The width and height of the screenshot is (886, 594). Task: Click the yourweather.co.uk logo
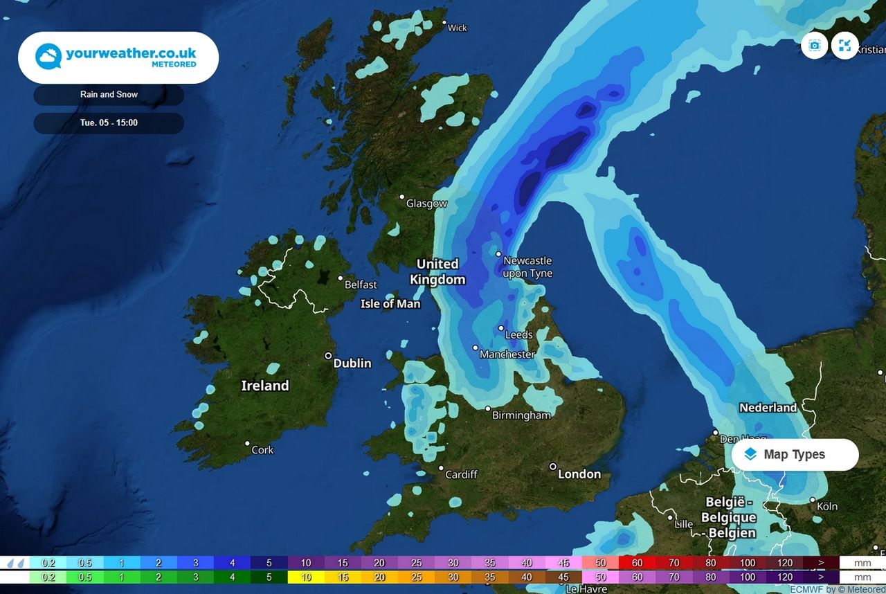click(118, 57)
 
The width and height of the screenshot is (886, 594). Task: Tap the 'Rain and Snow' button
click(109, 95)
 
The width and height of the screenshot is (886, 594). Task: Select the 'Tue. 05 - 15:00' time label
click(109, 123)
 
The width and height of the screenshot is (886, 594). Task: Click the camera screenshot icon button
click(815, 46)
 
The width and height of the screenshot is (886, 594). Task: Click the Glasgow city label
click(426, 204)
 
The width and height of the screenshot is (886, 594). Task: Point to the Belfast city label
click(361, 285)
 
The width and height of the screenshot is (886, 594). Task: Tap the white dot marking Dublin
click(329, 356)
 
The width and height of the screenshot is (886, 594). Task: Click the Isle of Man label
click(390, 304)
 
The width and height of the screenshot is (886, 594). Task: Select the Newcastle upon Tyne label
click(527, 267)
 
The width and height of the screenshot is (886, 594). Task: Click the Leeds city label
click(519, 335)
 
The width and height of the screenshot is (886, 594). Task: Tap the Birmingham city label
click(521, 415)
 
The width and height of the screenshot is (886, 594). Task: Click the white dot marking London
click(553, 467)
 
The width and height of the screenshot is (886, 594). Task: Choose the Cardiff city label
click(461, 474)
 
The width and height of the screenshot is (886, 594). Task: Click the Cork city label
click(262, 450)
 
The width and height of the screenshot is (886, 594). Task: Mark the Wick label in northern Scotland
click(458, 28)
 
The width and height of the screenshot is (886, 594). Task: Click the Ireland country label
click(265, 386)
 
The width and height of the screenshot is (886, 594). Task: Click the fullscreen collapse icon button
click(844, 46)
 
